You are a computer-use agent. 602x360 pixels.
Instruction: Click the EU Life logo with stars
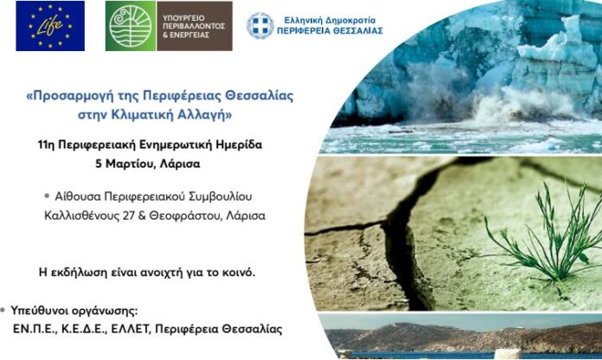[50, 25]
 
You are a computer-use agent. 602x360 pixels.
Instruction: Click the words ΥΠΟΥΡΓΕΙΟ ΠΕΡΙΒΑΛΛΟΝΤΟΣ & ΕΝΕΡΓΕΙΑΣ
[190, 26]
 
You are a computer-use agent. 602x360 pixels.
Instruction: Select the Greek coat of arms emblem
[259, 26]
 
